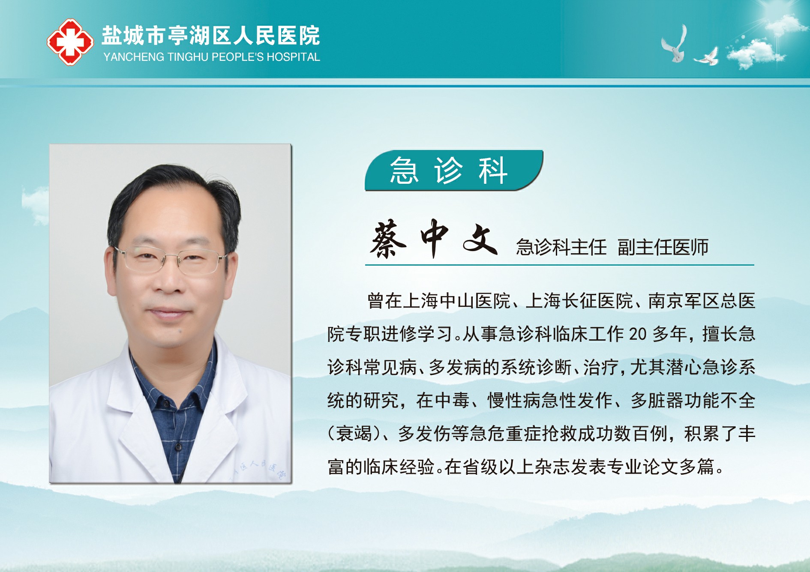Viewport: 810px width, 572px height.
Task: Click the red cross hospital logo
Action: coord(70,42)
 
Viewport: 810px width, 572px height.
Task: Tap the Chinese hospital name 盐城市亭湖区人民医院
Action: coord(211,36)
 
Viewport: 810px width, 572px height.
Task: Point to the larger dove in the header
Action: coord(675,45)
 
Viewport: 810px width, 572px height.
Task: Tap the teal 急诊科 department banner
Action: coord(453,171)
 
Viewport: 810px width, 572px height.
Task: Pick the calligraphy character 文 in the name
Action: coord(480,239)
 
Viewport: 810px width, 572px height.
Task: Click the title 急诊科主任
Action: coord(561,247)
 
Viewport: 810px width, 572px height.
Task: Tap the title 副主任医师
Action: coord(663,247)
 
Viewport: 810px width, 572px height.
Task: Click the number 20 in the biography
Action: coord(638,334)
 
